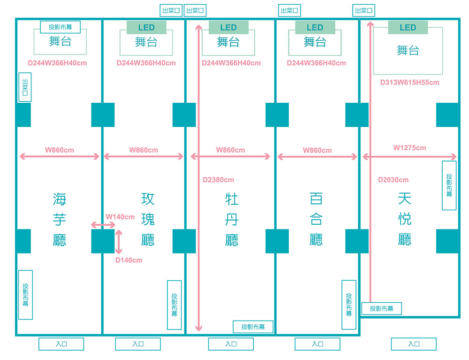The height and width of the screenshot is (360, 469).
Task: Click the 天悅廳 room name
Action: point(404,219)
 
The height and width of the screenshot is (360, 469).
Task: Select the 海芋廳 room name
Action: point(60,220)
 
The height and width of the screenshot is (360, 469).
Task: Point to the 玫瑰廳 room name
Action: point(148,219)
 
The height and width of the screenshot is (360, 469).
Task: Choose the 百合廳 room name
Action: point(316,220)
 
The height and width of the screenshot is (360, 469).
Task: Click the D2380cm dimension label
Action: point(218,180)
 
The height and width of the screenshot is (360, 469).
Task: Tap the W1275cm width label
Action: point(409,148)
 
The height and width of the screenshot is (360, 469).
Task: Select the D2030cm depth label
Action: point(393,180)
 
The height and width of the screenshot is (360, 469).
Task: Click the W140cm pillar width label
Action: point(120,217)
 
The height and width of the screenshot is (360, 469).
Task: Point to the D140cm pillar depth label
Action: point(129,260)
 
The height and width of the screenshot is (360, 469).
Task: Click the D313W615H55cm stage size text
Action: point(409,83)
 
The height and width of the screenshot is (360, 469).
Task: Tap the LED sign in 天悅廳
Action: point(408,28)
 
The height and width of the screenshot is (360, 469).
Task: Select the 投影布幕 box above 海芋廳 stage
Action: point(60,27)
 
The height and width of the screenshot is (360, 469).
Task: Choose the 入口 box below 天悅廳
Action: point(414,344)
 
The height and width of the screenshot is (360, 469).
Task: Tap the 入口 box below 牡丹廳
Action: point(231,344)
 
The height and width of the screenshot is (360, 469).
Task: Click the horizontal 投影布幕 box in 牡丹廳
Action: point(253,327)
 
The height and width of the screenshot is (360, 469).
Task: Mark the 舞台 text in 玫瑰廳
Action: point(146,42)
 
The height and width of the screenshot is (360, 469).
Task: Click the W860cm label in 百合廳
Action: point(317,150)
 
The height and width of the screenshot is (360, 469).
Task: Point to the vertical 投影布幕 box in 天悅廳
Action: point(449,185)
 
